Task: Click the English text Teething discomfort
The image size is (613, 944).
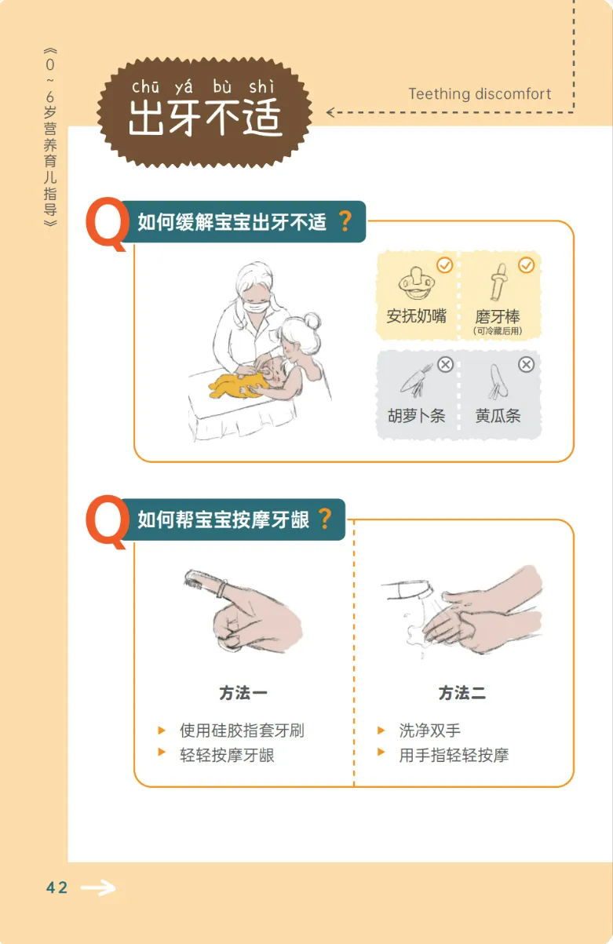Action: pyautogui.click(x=480, y=94)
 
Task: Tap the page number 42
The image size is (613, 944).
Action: pyautogui.click(x=57, y=887)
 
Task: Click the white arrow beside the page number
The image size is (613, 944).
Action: pyautogui.click(x=98, y=888)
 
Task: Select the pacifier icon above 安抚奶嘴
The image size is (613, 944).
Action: pyautogui.click(x=416, y=282)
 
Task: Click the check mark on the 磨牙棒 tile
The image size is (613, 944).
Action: pyautogui.click(x=526, y=265)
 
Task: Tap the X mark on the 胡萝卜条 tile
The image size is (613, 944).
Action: pyautogui.click(x=445, y=365)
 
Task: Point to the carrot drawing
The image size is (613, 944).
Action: pyautogui.click(x=417, y=381)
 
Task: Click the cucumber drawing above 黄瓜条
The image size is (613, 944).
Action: pyautogui.click(x=498, y=382)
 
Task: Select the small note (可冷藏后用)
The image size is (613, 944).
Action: pyautogui.click(x=498, y=331)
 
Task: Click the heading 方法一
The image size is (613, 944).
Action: pyautogui.click(x=243, y=693)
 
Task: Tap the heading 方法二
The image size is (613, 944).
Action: pyautogui.click(x=462, y=693)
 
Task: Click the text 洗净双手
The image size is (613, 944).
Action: pyautogui.click(x=429, y=731)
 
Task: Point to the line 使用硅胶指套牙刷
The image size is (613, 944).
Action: pyautogui.click(x=242, y=731)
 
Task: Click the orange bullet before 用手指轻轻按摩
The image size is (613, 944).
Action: pyautogui.click(x=381, y=752)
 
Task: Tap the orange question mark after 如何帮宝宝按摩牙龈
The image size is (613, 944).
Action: pyautogui.click(x=325, y=519)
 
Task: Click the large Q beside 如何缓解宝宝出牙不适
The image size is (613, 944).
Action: pyautogui.click(x=107, y=224)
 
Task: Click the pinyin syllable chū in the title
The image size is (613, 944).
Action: pyautogui.click(x=145, y=87)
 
